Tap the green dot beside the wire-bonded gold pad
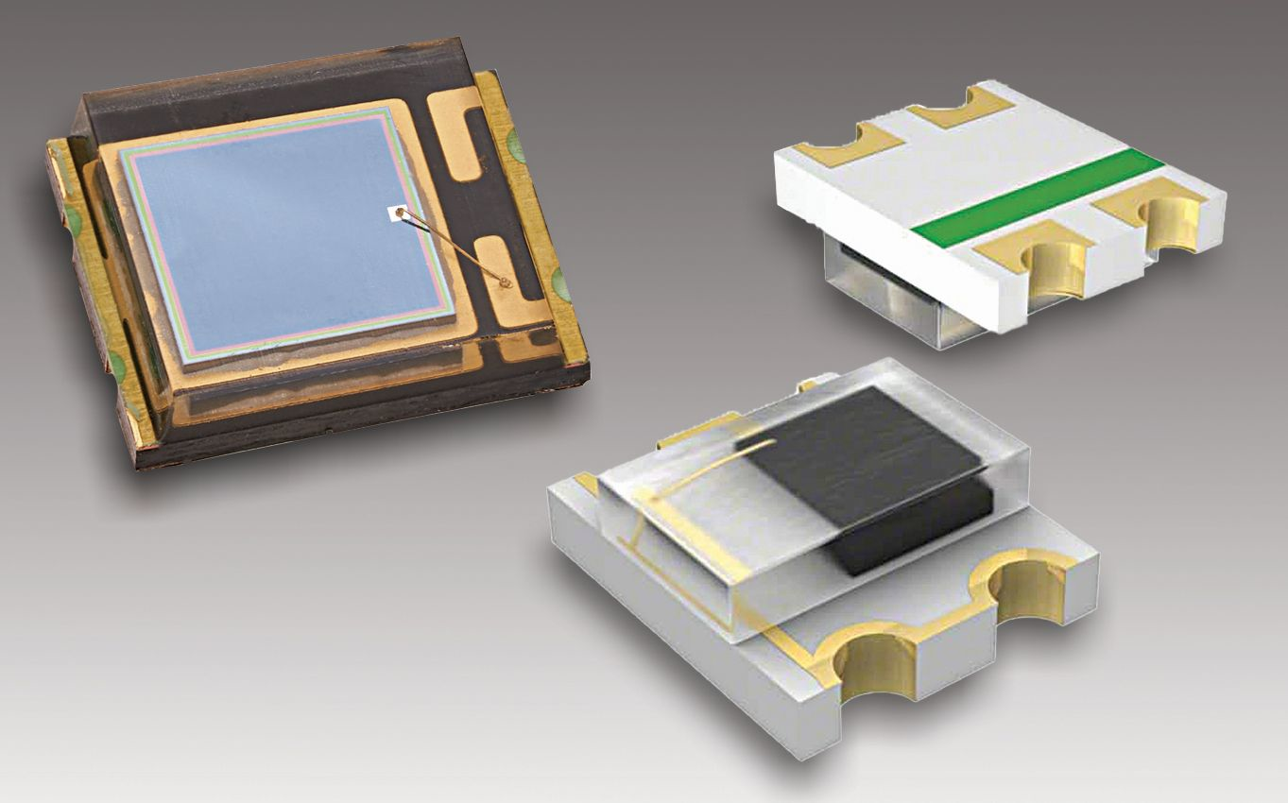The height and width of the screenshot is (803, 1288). (x=557, y=281)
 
